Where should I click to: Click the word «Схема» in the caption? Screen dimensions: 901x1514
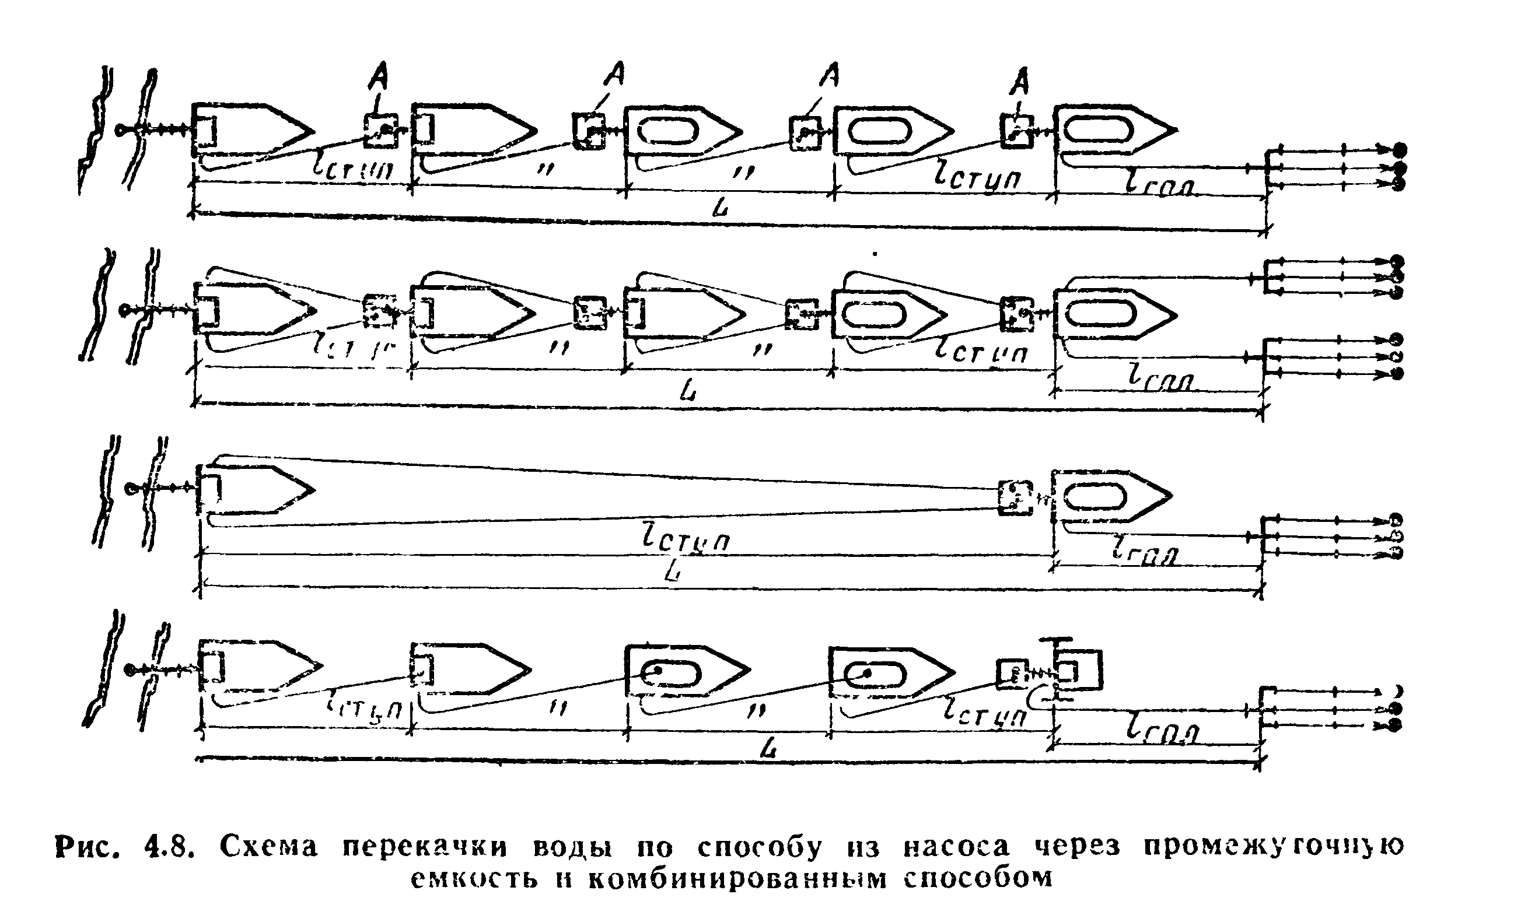(268, 846)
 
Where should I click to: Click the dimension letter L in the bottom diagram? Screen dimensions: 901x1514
(770, 751)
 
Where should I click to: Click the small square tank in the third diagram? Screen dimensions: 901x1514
(1015, 498)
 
